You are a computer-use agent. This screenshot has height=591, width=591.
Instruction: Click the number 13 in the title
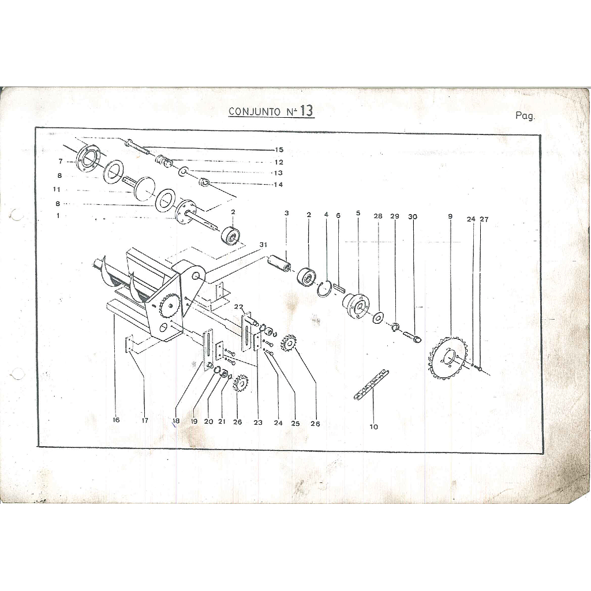pyautogui.click(x=307, y=110)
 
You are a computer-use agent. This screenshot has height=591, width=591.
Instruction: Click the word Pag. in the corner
pyautogui.click(x=525, y=115)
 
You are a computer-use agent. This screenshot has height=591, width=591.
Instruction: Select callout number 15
pyautogui.click(x=279, y=149)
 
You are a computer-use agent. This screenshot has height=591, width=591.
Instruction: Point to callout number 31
pyautogui.click(x=263, y=245)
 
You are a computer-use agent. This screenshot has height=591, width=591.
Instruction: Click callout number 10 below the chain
pyautogui.click(x=373, y=427)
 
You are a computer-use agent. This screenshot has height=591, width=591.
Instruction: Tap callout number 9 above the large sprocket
pyautogui.click(x=450, y=216)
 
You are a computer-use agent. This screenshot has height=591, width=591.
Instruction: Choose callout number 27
pyautogui.click(x=484, y=219)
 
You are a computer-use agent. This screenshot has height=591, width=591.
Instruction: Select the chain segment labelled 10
pyautogui.click(x=371, y=385)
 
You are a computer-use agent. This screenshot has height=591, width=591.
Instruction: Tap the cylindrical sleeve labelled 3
pyautogui.click(x=280, y=263)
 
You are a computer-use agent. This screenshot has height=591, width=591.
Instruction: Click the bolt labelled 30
pyautogui.click(x=412, y=337)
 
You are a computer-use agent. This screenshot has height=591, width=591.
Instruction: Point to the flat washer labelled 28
pyautogui.click(x=377, y=317)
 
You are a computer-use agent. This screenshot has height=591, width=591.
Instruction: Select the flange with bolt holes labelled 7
pyautogui.click(x=88, y=161)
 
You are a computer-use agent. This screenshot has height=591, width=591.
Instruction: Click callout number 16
pyautogui.click(x=116, y=420)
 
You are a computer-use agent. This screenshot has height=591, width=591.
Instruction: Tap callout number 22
pyautogui.click(x=238, y=307)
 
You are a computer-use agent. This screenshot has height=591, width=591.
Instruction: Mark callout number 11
pyautogui.click(x=57, y=189)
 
